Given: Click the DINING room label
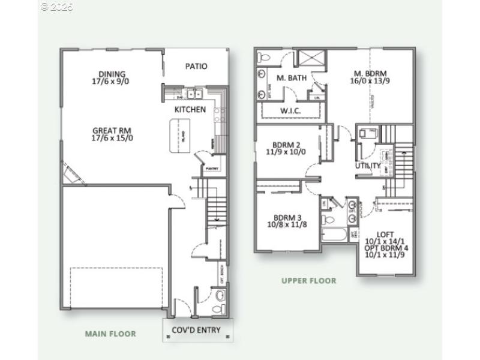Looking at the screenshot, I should [113, 74].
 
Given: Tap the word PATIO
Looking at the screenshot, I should [196, 66].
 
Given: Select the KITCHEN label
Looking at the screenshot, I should [190, 110].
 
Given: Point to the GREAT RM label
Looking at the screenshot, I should [112, 130].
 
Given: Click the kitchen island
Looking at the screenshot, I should [179, 136].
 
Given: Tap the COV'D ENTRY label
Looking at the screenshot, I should [196, 330].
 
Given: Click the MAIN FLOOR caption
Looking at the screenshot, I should [110, 334].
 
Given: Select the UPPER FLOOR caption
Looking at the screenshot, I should [309, 280].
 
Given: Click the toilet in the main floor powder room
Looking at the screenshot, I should [220, 295].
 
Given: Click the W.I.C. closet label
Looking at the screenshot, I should [290, 112].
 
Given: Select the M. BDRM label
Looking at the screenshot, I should [370, 74].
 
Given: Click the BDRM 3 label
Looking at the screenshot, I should [287, 217].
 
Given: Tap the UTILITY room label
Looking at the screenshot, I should [368, 166].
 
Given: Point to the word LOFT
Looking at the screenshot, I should [385, 234].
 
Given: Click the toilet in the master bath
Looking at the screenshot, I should [265, 58].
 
